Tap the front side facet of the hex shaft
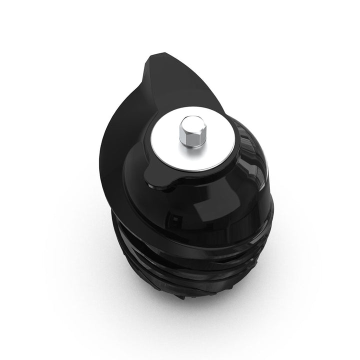[x=188, y=137]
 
